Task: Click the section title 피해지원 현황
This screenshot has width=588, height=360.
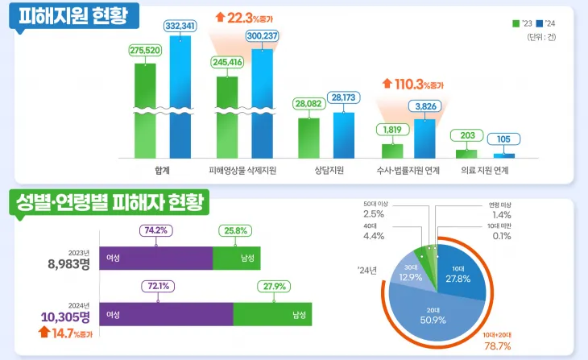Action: [x=73, y=15]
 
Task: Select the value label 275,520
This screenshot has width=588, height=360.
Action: [x=145, y=50]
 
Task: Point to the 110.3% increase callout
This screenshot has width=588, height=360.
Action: [x=413, y=83]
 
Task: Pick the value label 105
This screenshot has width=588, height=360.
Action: [x=503, y=139]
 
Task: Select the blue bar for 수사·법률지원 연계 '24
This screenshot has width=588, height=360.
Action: [x=424, y=138]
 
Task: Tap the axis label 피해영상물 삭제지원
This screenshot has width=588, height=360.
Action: [x=242, y=171]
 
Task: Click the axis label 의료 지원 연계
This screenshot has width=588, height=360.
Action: [x=484, y=171]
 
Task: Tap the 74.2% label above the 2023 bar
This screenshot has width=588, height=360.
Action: [x=155, y=230]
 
